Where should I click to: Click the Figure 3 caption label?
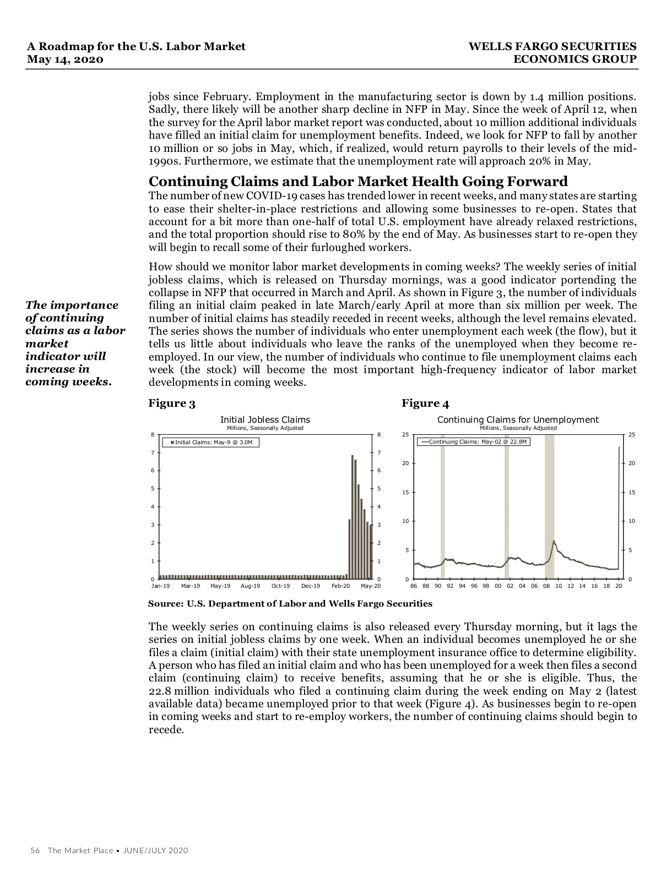tap(172, 403)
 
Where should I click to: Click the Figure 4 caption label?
tap(425, 403)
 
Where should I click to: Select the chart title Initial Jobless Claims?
tap(265, 419)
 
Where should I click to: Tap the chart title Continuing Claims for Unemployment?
tap(517, 419)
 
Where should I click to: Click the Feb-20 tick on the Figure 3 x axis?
tap(340, 586)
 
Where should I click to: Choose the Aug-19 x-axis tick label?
tap(250, 586)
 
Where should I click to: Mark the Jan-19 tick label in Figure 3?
tap(160, 586)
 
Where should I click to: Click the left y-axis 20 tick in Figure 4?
tap(405, 463)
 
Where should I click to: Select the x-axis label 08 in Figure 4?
tap(546, 586)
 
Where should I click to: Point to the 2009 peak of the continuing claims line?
tap(554, 541)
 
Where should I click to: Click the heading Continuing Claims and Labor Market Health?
tap(358, 182)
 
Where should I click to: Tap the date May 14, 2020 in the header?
tap(65, 59)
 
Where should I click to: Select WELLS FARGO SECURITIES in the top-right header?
tap(552, 47)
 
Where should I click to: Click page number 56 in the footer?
tap(35, 850)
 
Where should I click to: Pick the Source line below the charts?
tap(290, 604)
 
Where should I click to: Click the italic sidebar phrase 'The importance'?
tap(72, 305)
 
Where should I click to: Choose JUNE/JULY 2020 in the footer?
tap(155, 850)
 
